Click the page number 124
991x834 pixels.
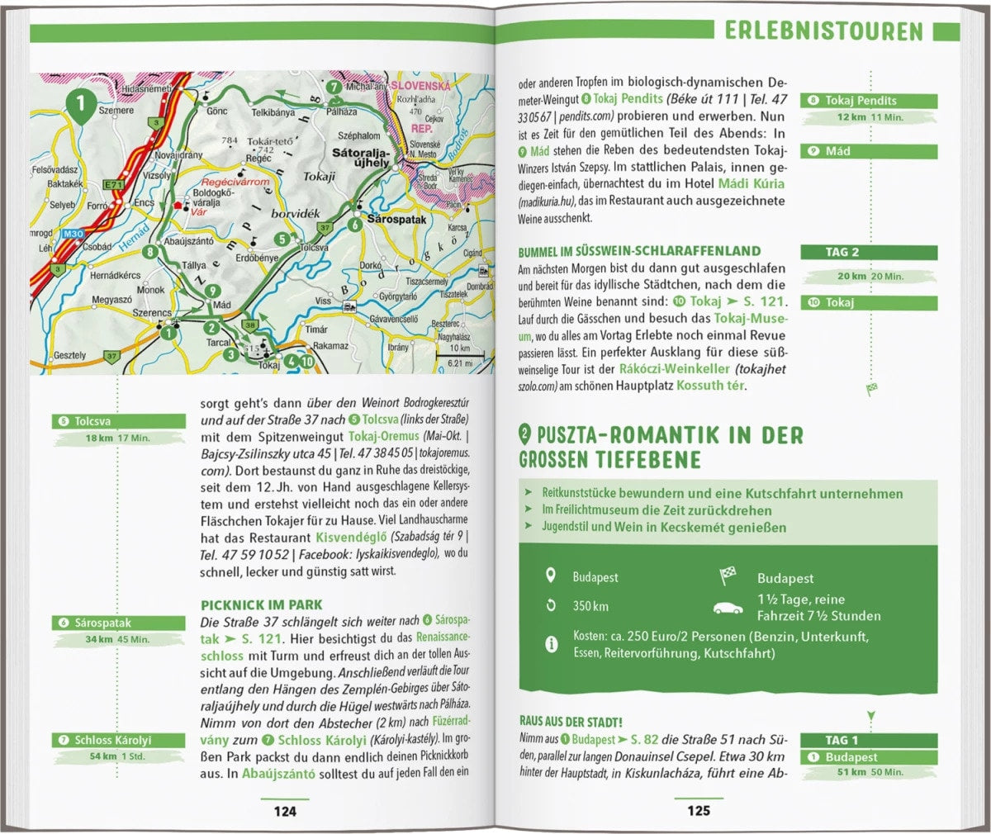point(285,811)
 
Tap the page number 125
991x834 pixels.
point(699,811)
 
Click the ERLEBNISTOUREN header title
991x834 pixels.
point(823,31)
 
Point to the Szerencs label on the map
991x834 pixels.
point(153,314)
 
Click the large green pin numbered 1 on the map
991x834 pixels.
point(80,106)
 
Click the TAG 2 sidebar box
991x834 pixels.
point(869,253)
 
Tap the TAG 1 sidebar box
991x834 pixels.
point(869,740)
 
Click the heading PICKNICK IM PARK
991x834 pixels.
point(262,604)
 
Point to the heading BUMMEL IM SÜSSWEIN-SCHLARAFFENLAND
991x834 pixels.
point(639,251)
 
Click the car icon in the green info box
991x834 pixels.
point(728,609)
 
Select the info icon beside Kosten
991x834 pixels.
point(551,644)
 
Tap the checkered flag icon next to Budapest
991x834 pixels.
point(728,576)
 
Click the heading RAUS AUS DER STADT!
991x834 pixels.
point(571,722)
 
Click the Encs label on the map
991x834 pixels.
point(144,202)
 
